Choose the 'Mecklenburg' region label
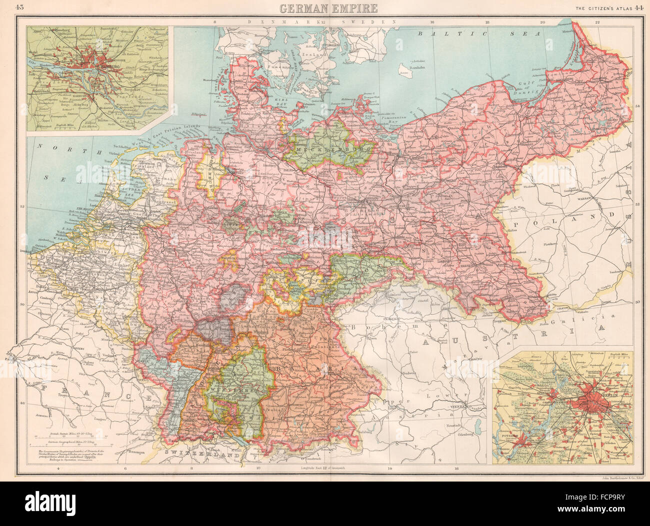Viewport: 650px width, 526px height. coord(328,149)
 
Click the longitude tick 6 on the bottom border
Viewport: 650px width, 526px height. coord(124,469)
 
